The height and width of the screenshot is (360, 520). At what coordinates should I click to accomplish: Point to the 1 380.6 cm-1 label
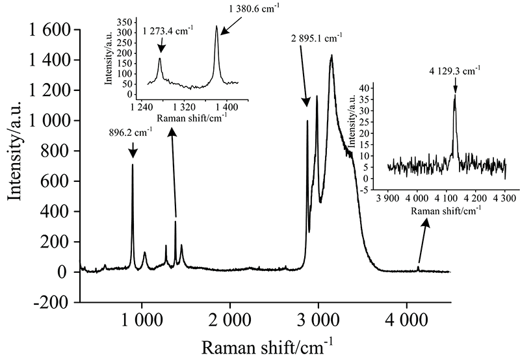pos(246,7)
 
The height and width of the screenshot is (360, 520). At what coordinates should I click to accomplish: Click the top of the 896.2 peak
pos(133,164)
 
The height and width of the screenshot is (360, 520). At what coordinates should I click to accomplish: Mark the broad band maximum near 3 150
pos(331,55)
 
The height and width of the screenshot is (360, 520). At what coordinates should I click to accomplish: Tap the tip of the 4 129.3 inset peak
pos(454,96)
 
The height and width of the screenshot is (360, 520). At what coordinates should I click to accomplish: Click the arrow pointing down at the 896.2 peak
pos(133,151)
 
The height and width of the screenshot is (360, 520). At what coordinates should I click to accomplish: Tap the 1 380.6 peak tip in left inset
pos(216,27)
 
